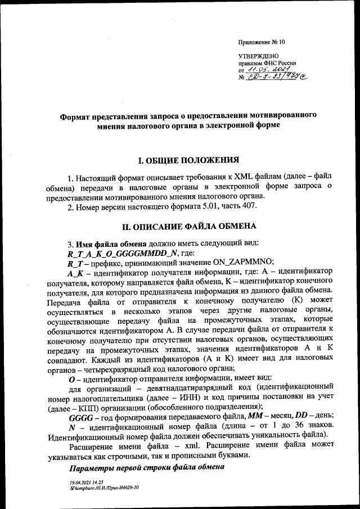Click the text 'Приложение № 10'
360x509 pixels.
(x=262, y=42)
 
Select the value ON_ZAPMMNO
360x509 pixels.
(x=242, y=262)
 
